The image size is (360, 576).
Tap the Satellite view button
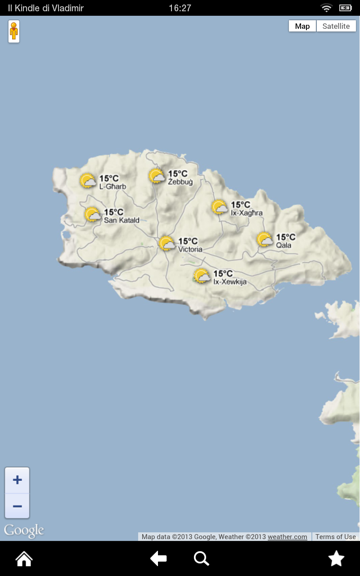pos(336,26)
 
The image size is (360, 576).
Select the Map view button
pos(302,26)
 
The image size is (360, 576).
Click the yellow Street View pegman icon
pos(14,31)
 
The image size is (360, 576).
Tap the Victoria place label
pos(190,249)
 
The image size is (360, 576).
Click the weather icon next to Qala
pos(265,239)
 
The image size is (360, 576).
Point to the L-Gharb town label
pos(112,187)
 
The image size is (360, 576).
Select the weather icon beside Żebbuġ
pos(157,176)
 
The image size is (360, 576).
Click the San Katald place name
pos(121,220)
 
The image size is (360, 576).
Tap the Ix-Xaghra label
pos(247,213)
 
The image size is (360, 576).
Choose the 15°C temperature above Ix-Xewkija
pos(223,274)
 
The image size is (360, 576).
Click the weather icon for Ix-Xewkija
pos(202,276)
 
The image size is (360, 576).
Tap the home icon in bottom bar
pos(24,559)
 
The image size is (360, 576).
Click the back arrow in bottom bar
pos(158,559)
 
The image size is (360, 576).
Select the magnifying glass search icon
pos(201,559)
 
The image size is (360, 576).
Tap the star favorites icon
pos(336,559)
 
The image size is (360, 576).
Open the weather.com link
pos(288,537)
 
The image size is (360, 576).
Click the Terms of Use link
pos(336,537)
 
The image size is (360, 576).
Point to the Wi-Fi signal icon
pos(326,8)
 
